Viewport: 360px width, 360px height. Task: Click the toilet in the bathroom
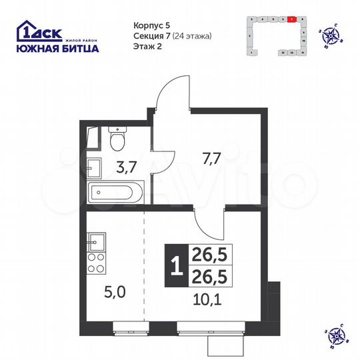[117, 139]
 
